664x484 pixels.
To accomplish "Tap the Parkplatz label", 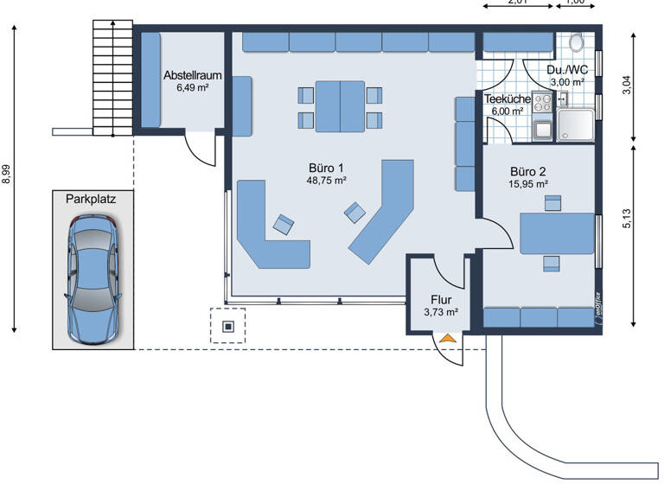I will pyautogui.click(x=91, y=198).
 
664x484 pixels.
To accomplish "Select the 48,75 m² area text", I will pyautogui.click(x=327, y=181).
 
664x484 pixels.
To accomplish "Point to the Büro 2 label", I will pyautogui.click(x=527, y=171).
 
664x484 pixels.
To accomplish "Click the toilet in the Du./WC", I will pyautogui.click(x=577, y=42).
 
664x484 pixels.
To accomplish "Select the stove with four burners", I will pyautogui.click(x=543, y=103).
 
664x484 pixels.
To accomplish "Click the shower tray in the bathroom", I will pyautogui.click(x=575, y=126).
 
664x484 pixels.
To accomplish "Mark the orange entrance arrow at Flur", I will pyautogui.click(x=447, y=339).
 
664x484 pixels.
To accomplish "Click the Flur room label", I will pyautogui.click(x=440, y=300).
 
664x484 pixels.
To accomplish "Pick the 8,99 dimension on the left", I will pyautogui.click(x=8, y=174).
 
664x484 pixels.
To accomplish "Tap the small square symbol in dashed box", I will pyautogui.click(x=228, y=326).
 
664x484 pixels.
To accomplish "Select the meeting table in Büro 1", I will pyautogui.click(x=341, y=105).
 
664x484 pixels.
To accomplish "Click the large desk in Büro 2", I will pyautogui.click(x=557, y=232).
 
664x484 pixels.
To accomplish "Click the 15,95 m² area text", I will pyautogui.click(x=528, y=183).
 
